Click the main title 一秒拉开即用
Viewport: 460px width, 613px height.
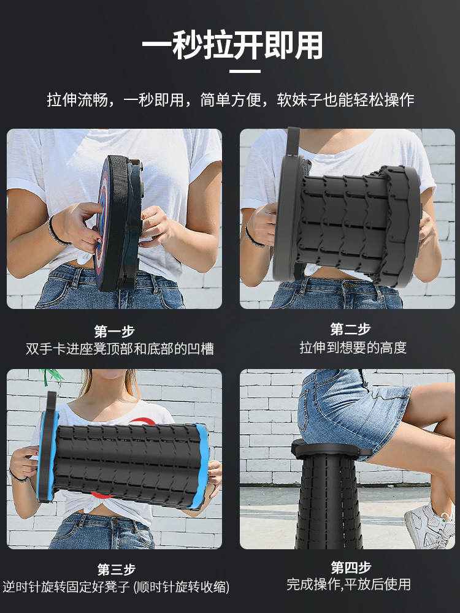coord(232,46)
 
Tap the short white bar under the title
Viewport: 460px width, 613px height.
coord(245,72)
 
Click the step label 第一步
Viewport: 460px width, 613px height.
coord(114,332)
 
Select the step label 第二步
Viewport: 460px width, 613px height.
coord(350,329)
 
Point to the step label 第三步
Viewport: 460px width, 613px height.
coord(116,569)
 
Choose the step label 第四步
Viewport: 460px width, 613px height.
coord(351,567)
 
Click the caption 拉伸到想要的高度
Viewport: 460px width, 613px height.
coord(353,348)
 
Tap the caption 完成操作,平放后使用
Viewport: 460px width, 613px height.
coord(348,584)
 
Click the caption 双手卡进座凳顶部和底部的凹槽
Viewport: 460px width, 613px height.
coord(120,349)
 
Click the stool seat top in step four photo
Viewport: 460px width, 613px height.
coord(331,449)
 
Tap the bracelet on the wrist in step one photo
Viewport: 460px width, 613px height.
coord(56,232)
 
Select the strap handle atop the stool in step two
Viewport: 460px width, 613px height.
coord(293,142)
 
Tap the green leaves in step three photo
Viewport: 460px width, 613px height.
coord(52,376)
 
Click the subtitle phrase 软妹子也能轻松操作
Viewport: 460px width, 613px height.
coord(345,100)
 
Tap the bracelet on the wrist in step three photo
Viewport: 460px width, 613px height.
coord(18,478)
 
